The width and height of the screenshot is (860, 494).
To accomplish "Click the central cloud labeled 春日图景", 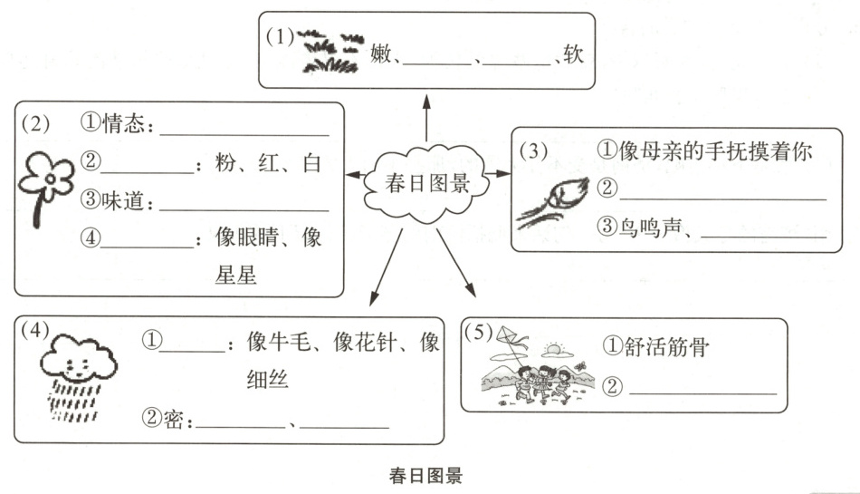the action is coord(424,185).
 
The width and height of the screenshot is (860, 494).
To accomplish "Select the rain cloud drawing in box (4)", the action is coord(78,376).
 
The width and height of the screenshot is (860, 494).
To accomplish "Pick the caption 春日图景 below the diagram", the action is coord(425,475).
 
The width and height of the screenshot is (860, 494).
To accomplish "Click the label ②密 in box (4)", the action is coord(167,419).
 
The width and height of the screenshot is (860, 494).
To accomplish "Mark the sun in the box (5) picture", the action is coord(551,349).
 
